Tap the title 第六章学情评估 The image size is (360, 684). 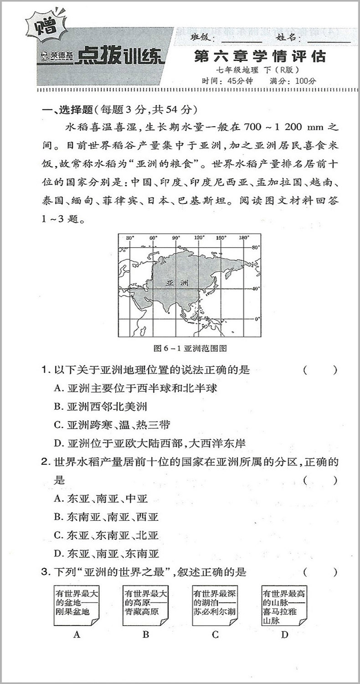pos(260,57)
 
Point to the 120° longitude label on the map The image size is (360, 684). pos(199,238)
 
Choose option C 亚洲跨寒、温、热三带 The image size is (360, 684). pos(112,425)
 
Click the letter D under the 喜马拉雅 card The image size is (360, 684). pos(285,634)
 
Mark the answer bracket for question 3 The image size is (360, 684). pos(320,572)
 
